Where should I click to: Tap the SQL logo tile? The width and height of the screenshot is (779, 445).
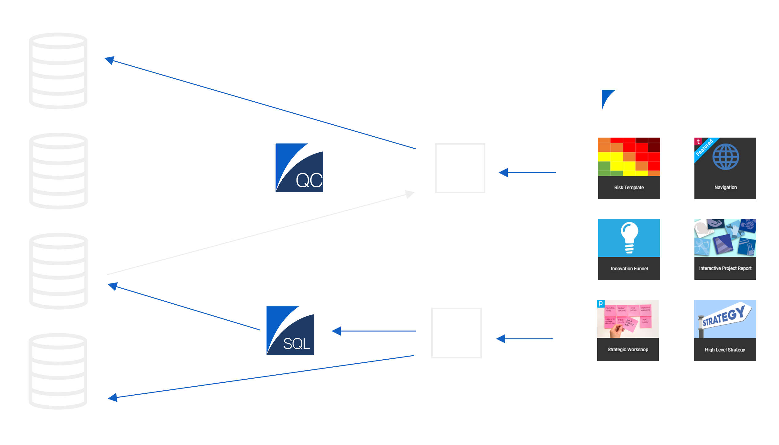click(290, 331)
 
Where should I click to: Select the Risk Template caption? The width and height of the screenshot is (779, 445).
click(629, 187)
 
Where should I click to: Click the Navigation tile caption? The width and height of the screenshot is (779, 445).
click(725, 187)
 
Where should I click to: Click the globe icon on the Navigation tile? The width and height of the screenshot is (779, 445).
click(726, 157)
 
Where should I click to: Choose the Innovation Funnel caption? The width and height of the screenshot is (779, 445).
click(629, 268)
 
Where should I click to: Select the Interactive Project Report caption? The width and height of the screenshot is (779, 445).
click(725, 268)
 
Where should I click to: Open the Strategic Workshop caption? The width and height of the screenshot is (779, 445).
click(628, 349)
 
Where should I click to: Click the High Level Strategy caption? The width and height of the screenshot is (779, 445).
click(725, 350)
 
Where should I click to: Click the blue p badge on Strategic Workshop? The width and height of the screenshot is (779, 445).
click(601, 303)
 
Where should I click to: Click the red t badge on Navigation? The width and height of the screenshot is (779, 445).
click(698, 141)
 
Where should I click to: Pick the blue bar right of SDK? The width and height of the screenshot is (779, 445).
click(527, 173)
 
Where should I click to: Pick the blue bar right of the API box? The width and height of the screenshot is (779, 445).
click(524, 338)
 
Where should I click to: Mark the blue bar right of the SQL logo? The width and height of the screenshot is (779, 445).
click(373, 331)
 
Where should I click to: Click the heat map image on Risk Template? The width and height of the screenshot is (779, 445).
click(629, 157)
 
